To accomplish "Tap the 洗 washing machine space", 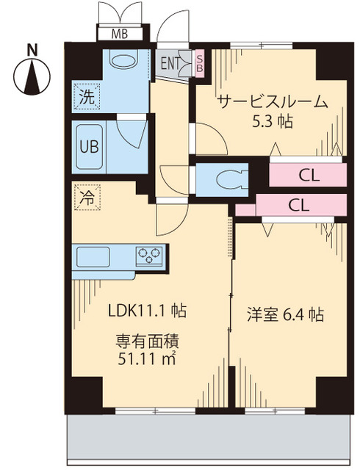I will point(86,95).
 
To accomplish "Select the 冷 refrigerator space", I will point(86,197).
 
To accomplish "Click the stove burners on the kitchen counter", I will point(147,257).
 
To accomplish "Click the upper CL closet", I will point(307,175).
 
